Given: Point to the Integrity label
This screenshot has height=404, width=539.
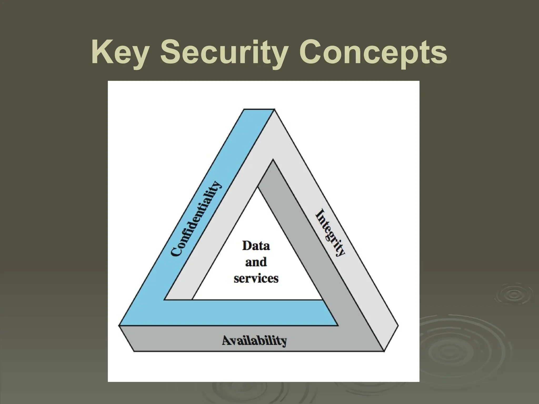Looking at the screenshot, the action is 330,233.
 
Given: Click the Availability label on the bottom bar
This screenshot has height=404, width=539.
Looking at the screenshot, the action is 254,341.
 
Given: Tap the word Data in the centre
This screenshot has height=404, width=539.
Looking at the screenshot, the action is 256,246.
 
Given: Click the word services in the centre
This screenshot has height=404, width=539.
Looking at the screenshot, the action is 256,278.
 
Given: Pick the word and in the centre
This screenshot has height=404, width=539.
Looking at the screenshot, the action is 256,262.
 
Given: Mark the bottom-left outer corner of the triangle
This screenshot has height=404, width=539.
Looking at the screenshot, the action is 120,326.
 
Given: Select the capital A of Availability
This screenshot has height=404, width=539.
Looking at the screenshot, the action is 227,340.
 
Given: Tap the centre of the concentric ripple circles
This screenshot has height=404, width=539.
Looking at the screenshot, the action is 511,295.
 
